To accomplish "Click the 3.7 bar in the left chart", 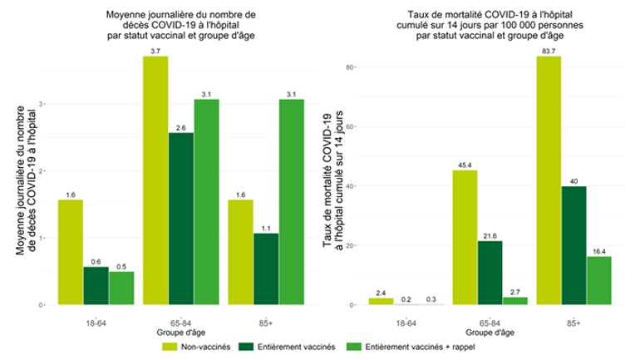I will pyautogui.click(x=155, y=180).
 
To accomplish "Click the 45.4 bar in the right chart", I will pyautogui.click(x=465, y=237).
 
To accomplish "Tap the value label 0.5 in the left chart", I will pyautogui.click(x=121, y=265).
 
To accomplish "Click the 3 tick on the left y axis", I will pyautogui.click(x=41, y=104).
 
